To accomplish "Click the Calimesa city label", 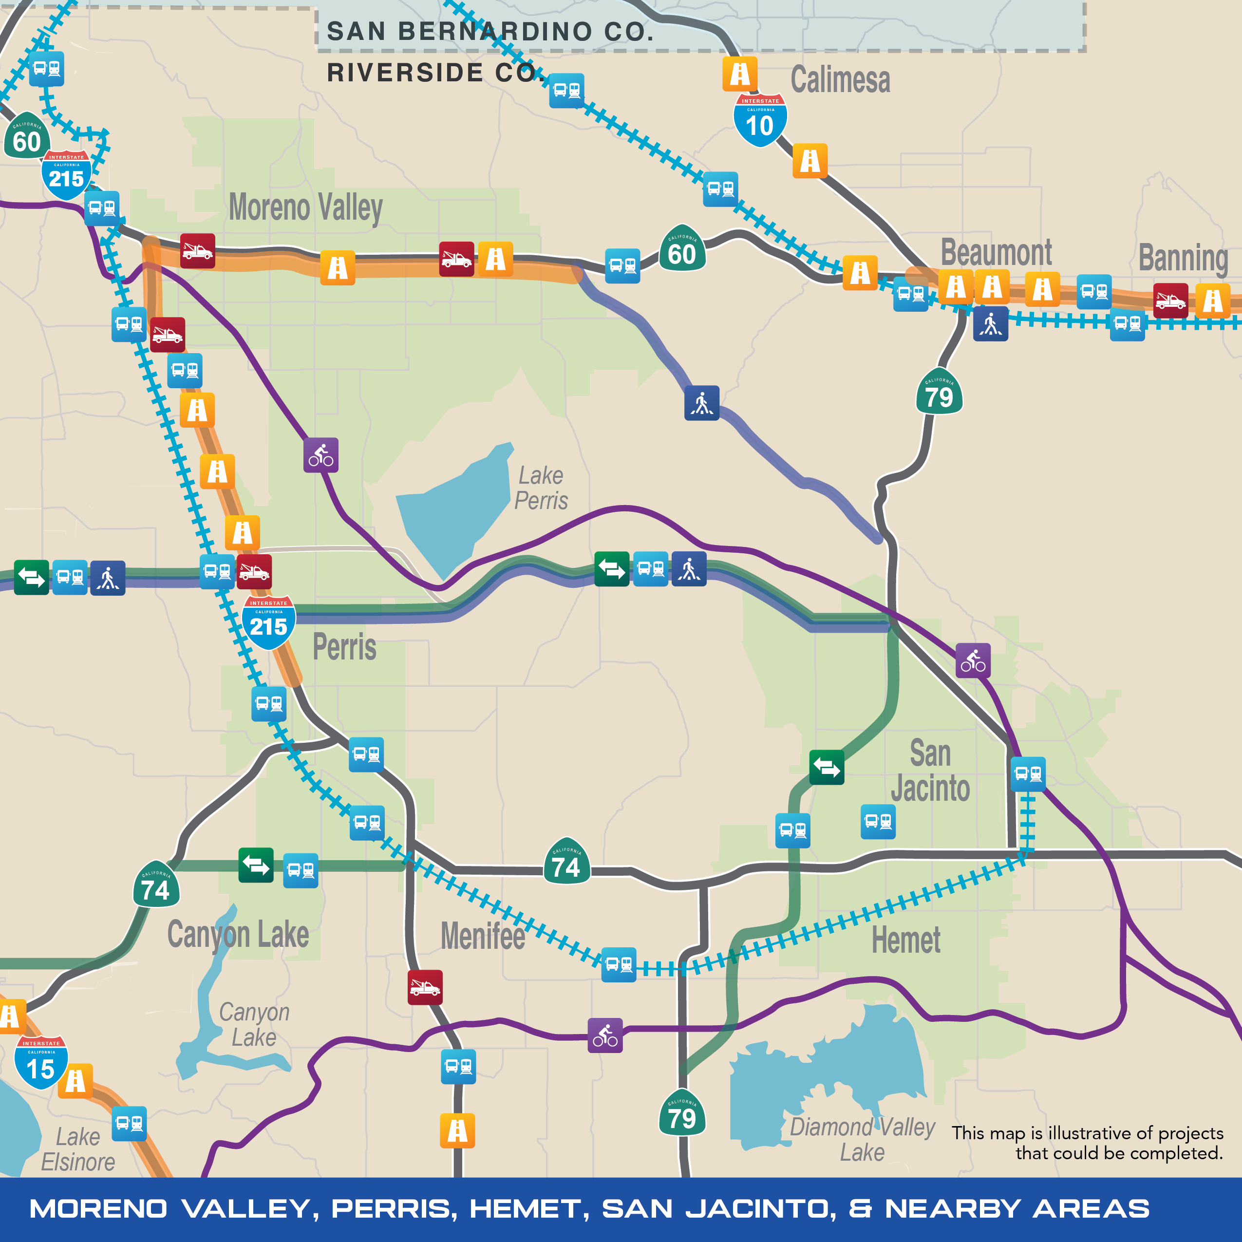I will pos(840,80).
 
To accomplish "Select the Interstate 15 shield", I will pos(41,1063).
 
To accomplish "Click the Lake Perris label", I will pos(541,488).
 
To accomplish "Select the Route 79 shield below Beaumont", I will pos(939,392).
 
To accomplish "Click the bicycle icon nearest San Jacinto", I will pos(973,660).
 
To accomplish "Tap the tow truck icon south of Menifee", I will pos(425,987).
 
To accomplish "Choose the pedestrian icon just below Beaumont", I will pos(990,323).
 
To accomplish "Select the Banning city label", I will pos(1183,258).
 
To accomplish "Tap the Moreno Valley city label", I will pos(305,207).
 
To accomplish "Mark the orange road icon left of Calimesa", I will pos(739,75).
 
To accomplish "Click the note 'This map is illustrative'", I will pos(1087,1142).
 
